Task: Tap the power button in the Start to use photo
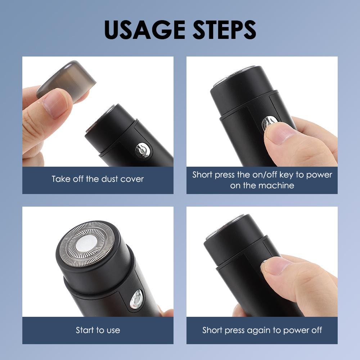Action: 136,298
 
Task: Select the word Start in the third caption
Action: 85,330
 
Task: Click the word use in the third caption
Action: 113,330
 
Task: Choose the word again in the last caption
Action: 260,330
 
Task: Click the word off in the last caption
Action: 315,330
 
